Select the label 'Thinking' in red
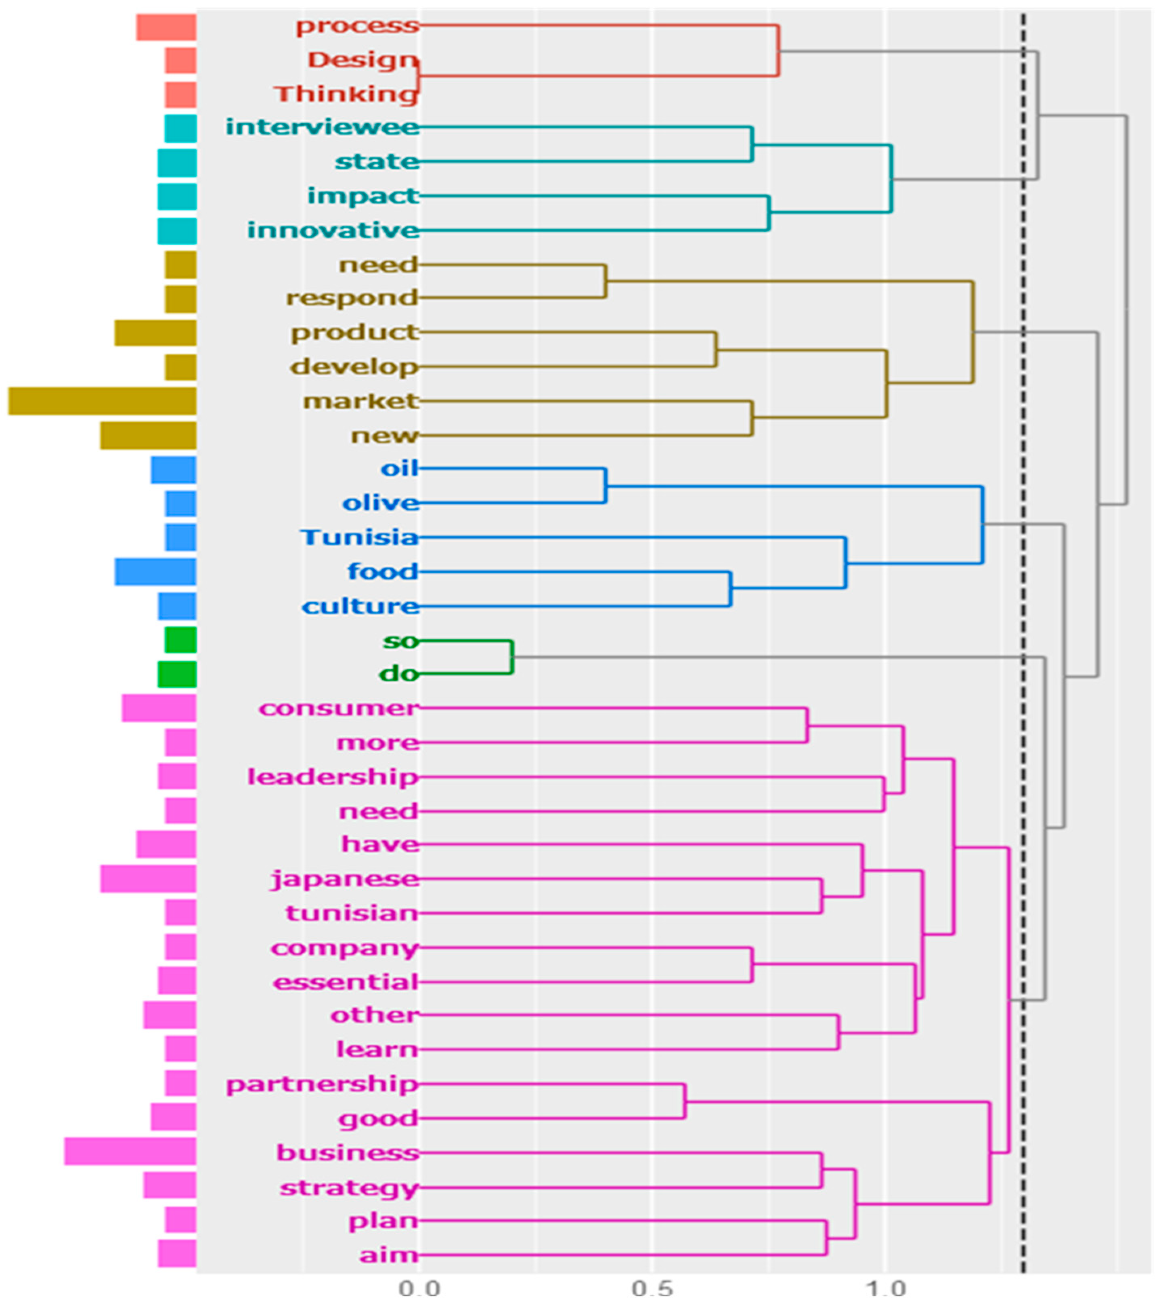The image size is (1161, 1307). [346, 94]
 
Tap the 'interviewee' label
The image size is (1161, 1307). [323, 127]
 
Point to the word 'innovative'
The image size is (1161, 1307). [333, 230]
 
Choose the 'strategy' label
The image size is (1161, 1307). [349, 1188]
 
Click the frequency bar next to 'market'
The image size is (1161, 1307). [103, 401]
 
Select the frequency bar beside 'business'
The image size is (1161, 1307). [130, 1153]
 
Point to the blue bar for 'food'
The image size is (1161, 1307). [155, 572]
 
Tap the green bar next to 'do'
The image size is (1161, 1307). [177, 674]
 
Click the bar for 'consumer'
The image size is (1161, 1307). [159, 708]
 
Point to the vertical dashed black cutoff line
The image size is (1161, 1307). [1023, 639]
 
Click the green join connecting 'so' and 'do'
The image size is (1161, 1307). [512, 657]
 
